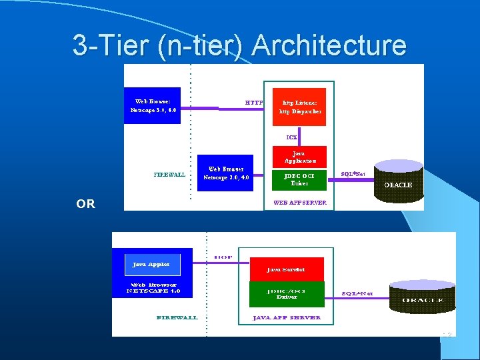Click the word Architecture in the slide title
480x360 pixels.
(x=329, y=45)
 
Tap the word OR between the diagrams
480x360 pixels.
(x=85, y=204)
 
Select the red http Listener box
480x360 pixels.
(x=299, y=107)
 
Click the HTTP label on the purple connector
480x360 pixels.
(x=253, y=103)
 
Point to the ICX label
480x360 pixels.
(x=291, y=137)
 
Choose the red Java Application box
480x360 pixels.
(x=299, y=157)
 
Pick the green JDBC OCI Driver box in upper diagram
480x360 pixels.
(x=299, y=179)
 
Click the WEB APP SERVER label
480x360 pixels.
(x=299, y=203)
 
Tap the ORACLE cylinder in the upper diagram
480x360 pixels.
(x=398, y=181)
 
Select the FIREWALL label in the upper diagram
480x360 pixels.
(x=169, y=175)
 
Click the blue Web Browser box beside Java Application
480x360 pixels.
(x=226, y=173)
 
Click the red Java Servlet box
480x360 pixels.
(x=286, y=269)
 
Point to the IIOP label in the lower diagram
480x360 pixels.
(x=223, y=257)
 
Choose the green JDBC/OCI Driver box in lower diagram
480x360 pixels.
(x=286, y=293)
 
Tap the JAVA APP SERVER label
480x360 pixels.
(x=286, y=317)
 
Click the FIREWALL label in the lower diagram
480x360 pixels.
(x=177, y=317)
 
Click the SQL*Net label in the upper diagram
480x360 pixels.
(x=353, y=174)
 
